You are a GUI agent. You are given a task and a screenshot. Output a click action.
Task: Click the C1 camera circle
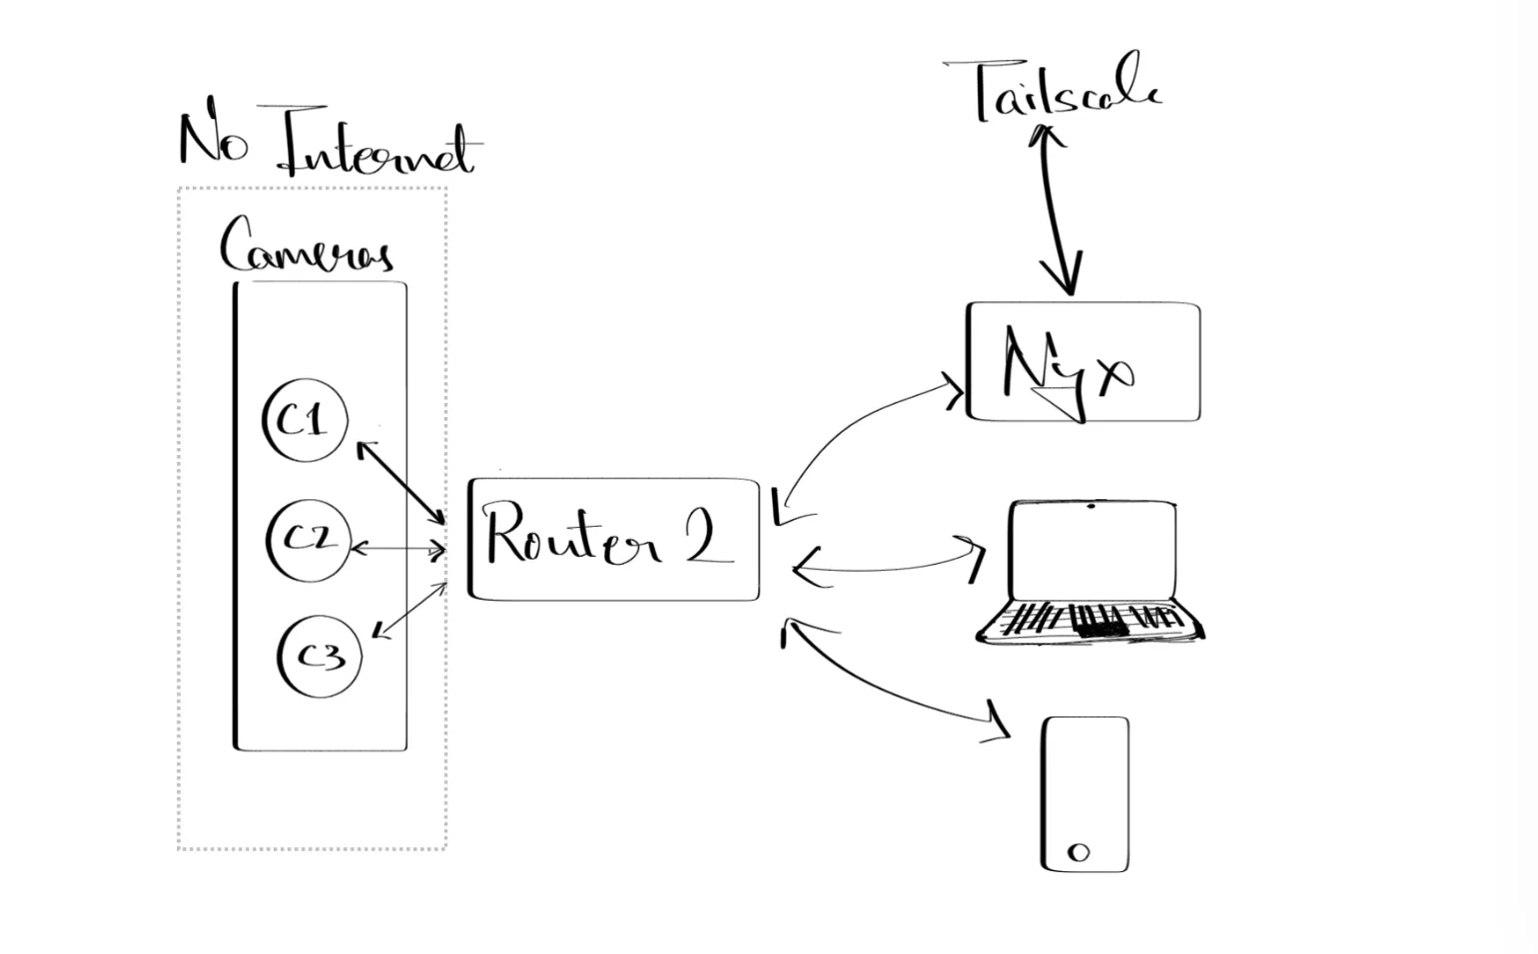(x=306, y=420)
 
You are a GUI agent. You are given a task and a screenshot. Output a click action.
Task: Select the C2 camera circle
(x=309, y=540)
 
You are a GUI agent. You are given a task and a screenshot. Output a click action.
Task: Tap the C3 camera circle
(x=321, y=656)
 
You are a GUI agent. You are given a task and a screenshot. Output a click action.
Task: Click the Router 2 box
(x=614, y=539)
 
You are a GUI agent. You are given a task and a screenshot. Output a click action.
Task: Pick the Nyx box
(x=1084, y=362)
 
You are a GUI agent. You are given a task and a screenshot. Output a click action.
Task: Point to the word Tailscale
(x=1065, y=92)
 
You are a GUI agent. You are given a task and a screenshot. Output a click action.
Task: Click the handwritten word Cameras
(x=305, y=246)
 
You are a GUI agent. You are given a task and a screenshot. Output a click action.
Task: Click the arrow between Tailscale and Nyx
(x=1057, y=210)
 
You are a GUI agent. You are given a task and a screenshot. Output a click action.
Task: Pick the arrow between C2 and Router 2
(x=397, y=548)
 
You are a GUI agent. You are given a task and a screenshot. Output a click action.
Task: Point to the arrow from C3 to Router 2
(x=409, y=609)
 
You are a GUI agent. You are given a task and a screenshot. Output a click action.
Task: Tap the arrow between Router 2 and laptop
(x=889, y=568)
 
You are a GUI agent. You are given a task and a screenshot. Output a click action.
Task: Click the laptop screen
(x=1092, y=552)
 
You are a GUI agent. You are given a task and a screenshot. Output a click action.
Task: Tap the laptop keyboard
(x=1089, y=621)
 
